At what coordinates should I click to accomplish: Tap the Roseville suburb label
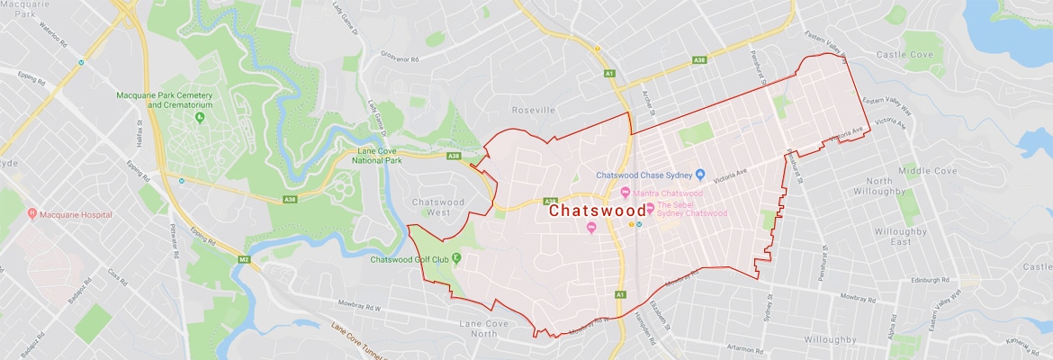point(535,110)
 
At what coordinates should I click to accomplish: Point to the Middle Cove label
point(928,170)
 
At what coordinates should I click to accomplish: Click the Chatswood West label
point(438,208)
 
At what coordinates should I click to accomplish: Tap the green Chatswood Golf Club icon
point(456,258)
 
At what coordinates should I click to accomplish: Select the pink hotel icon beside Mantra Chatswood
point(626,193)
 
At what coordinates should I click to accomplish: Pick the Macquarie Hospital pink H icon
point(32,214)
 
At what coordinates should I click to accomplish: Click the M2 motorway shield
point(243,260)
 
